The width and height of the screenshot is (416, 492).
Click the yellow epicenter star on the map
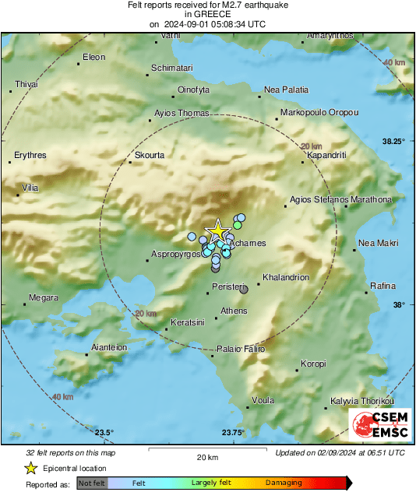217,231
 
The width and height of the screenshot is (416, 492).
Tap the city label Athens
234,311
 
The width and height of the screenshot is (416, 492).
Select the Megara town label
44,297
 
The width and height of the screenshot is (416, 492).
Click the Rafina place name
383,286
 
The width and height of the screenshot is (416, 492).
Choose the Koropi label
313,364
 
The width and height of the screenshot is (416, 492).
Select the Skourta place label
150,155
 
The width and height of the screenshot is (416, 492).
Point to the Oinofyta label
195,90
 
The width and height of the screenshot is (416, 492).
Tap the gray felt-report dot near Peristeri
244,290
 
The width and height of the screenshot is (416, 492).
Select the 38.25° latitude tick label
393,142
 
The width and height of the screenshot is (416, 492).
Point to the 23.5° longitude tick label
104,433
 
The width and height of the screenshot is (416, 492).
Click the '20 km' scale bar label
206,457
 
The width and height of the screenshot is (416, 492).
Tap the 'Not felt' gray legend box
92,483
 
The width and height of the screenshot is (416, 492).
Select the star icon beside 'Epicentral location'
30,468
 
